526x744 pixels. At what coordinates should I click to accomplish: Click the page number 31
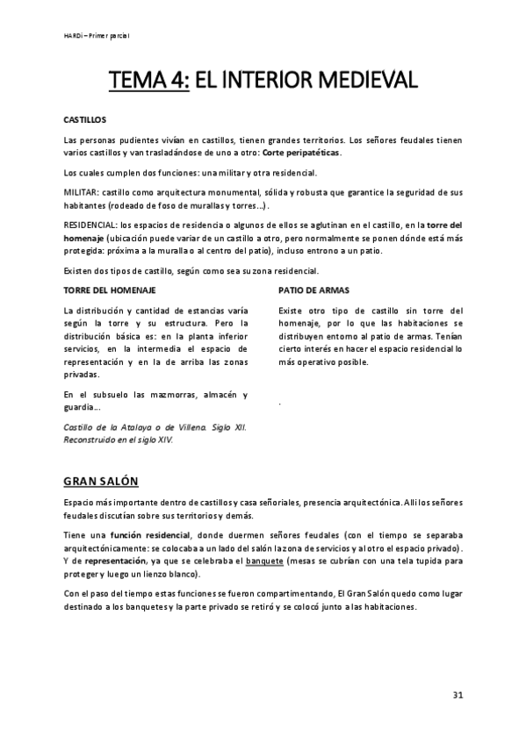tap(458, 695)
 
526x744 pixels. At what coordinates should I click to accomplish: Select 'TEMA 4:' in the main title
tap(148, 82)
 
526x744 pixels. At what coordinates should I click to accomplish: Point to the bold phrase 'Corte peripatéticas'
tap(301, 153)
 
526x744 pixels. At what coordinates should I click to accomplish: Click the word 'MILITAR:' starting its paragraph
tap(82, 191)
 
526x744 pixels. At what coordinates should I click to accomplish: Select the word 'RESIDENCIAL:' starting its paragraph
tap(92, 226)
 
